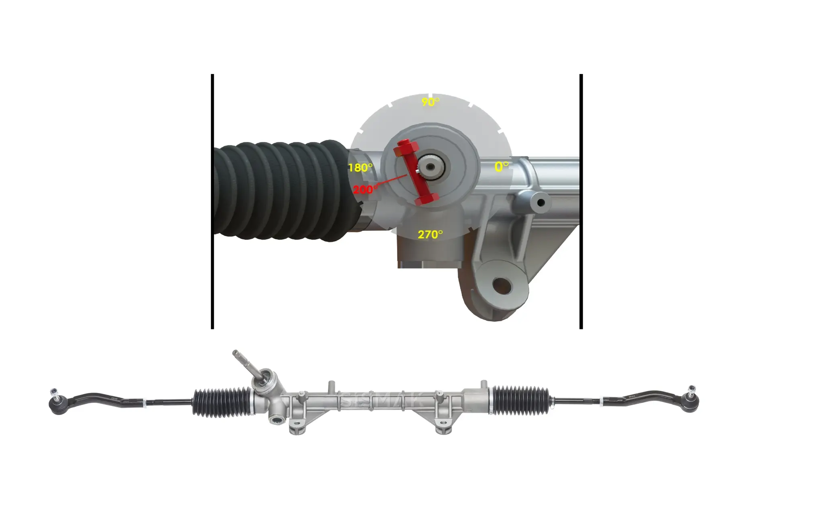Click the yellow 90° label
[430, 102]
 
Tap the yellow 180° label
[360, 167]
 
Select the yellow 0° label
[501, 166]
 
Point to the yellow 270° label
[430, 234]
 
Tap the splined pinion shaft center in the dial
[430, 166]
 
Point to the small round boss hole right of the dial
[540, 203]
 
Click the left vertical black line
[212, 201]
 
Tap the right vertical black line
[581, 201]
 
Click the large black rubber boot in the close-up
[281, 191]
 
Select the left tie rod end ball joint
[58, 403]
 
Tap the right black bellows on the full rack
[520, 401]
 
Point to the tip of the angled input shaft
[235, 353]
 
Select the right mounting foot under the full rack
[443, 429]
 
